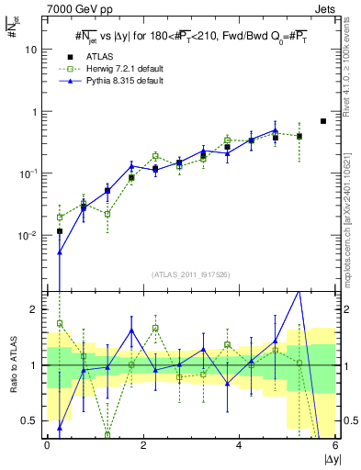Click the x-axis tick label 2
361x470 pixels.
(142, 445)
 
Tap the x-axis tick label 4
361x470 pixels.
(239, 445)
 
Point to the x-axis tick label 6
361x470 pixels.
(334, 445)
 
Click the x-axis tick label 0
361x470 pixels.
(47, 445)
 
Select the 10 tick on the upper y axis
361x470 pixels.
(30, 50)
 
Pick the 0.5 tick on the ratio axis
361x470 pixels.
(29, 420)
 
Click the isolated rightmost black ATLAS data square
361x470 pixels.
(322, 121)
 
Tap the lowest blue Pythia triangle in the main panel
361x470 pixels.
(60, 252)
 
